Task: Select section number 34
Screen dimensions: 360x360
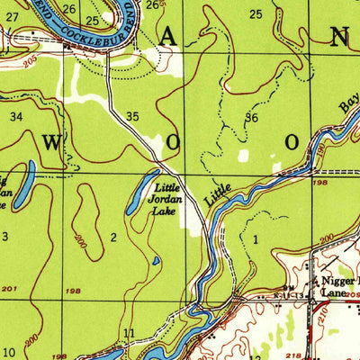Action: click(x=15, y=117)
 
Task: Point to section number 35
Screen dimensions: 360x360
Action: click(x=132, y=116)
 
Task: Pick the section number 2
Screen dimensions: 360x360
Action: click(x=113, y=237)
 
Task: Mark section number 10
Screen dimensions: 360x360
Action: click(x=8, y=351)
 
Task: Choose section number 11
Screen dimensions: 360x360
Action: click(x=129, y=334)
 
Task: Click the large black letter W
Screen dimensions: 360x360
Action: click(x=53, y=143)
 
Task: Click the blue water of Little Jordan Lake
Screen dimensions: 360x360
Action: click(x=142, y=193)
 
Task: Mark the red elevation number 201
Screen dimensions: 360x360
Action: click(x=10, y=289)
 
